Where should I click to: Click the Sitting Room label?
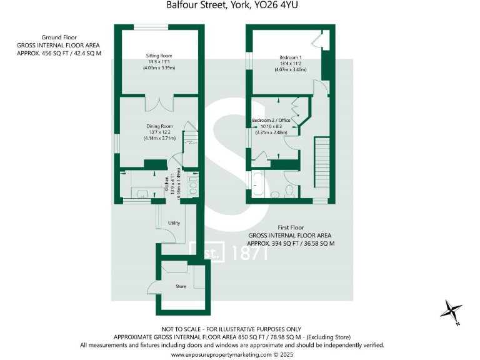(158, 56)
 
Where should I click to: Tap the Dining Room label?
(158, 126)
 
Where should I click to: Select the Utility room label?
(174, 222)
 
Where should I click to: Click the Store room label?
(181, 286)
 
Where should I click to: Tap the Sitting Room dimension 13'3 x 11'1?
(158, 62)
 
